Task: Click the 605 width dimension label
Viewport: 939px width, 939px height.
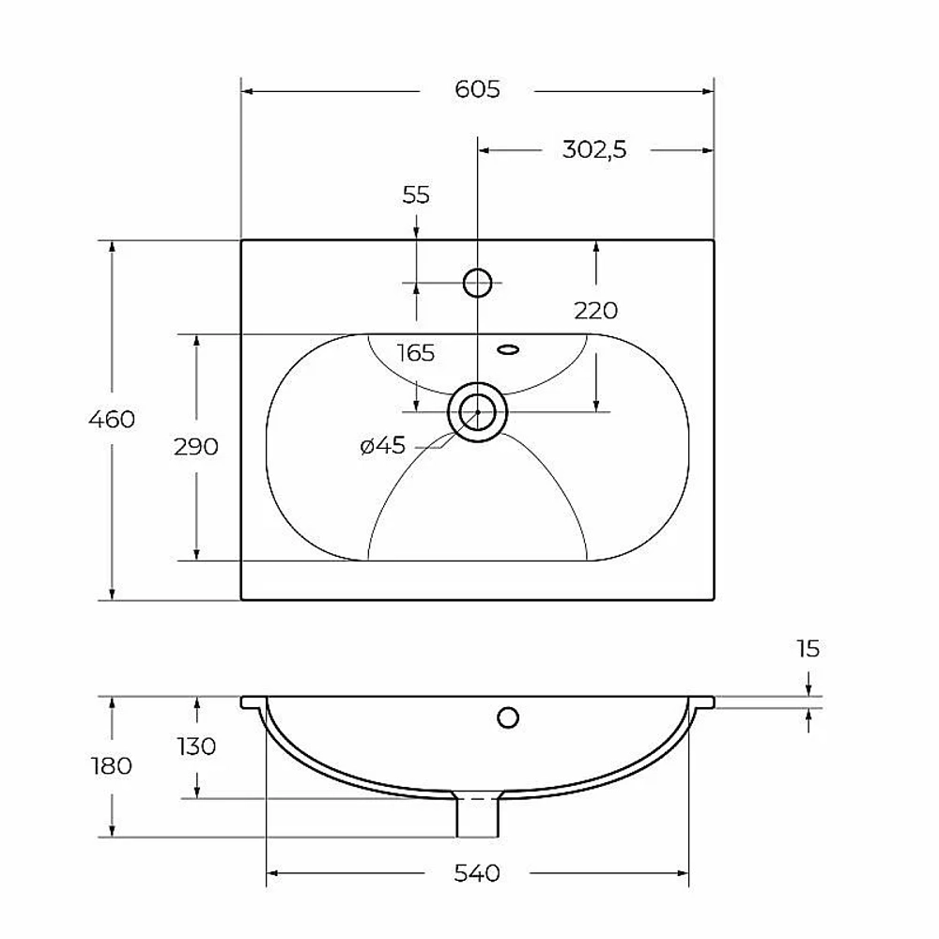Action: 477,89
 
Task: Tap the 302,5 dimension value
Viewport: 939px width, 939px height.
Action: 594,149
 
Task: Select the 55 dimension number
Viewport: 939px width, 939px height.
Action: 416,195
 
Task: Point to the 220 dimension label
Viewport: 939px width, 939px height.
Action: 595,311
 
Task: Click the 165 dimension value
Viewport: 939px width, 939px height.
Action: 416,353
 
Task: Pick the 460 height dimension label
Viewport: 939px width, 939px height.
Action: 112,419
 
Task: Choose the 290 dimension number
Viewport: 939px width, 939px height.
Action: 196,447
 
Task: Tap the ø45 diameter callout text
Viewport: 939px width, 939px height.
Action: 383,445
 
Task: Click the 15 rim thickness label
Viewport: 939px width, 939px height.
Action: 808,649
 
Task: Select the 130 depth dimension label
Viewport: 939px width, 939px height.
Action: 196,747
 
